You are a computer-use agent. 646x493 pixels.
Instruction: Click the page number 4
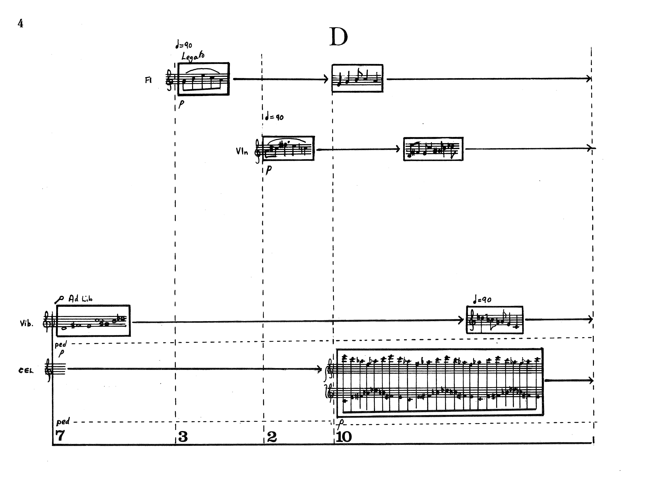click(20, 23)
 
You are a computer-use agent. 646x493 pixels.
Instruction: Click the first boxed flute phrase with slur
click(203, 79)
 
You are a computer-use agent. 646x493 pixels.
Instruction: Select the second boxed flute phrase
click(357, 78)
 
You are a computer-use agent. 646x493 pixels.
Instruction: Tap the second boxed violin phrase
click(433, 149)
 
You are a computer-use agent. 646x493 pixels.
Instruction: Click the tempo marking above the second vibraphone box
click(482, 300)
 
